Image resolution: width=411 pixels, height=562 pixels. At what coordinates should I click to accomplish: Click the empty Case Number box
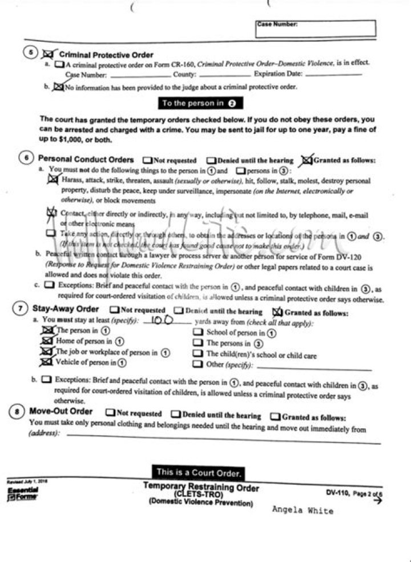(x=315, y=29)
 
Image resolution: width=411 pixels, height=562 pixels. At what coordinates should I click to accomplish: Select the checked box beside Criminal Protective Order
(x=49, y=54)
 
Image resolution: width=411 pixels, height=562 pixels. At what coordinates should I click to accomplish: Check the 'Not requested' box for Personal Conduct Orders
(x=147, y=161)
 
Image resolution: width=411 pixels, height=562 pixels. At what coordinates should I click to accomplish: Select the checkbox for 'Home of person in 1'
(x=46, y=341)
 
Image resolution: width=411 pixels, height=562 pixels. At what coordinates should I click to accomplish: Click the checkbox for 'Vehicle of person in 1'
(x=46, y=362)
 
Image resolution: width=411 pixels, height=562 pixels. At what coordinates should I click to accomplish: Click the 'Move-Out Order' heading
(x=61, y=412)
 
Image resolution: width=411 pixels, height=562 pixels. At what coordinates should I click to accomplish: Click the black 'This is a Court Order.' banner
(x=199, y=472)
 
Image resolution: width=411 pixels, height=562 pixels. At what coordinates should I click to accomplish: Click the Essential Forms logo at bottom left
(x=22, y=493)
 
